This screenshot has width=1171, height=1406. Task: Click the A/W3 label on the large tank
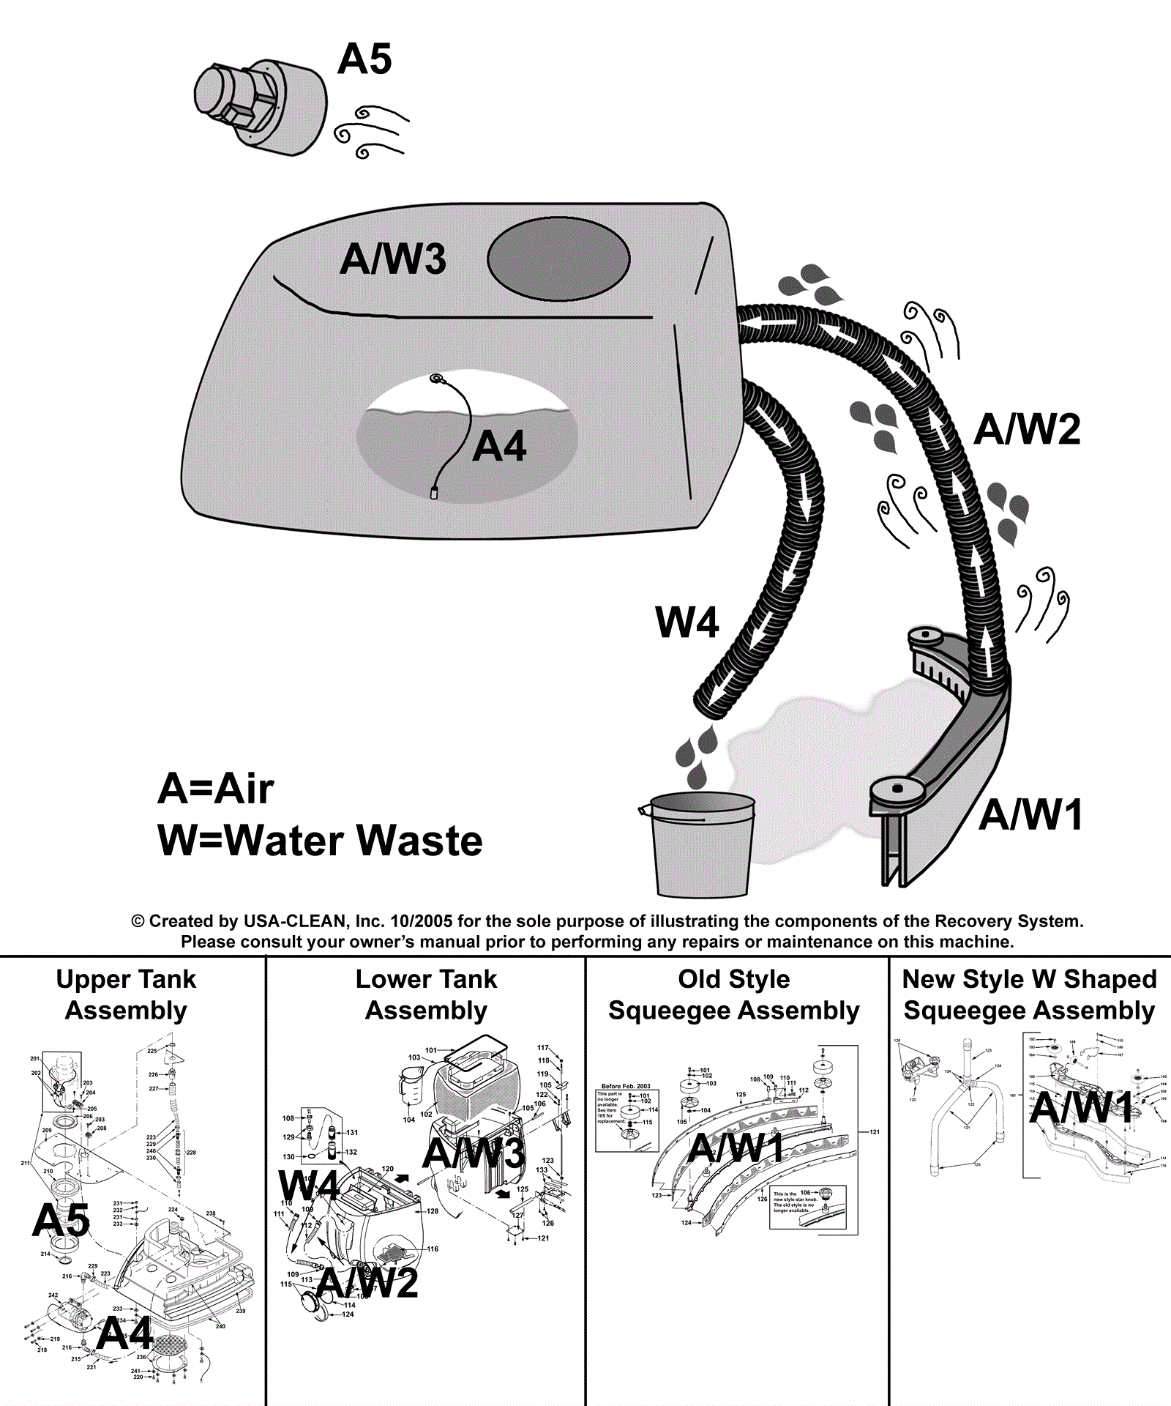(x=393, y=259)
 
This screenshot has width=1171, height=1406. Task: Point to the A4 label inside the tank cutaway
(x=499, y=447)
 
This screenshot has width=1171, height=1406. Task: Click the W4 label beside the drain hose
(x=687, y=622)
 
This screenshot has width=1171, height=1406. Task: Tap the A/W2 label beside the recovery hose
(x=1027, y=429)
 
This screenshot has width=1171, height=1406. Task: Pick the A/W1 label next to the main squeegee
(x=1030, y=815)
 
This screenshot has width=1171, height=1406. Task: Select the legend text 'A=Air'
(x=216, y=789)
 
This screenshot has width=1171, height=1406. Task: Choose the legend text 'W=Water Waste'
(x=320, y=841)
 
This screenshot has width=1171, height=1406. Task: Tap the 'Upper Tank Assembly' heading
(x=126, y=994)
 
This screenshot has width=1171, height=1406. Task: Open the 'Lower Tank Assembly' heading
(x=426, y=994)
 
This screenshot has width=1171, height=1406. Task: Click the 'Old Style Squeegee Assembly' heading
(x=734, y=994)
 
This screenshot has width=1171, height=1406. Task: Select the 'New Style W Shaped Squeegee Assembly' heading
(x=1029, y=994)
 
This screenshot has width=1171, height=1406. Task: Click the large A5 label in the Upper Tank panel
(x=61, y=1221)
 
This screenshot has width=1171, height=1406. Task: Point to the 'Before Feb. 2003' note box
(x=626, y=1117)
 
